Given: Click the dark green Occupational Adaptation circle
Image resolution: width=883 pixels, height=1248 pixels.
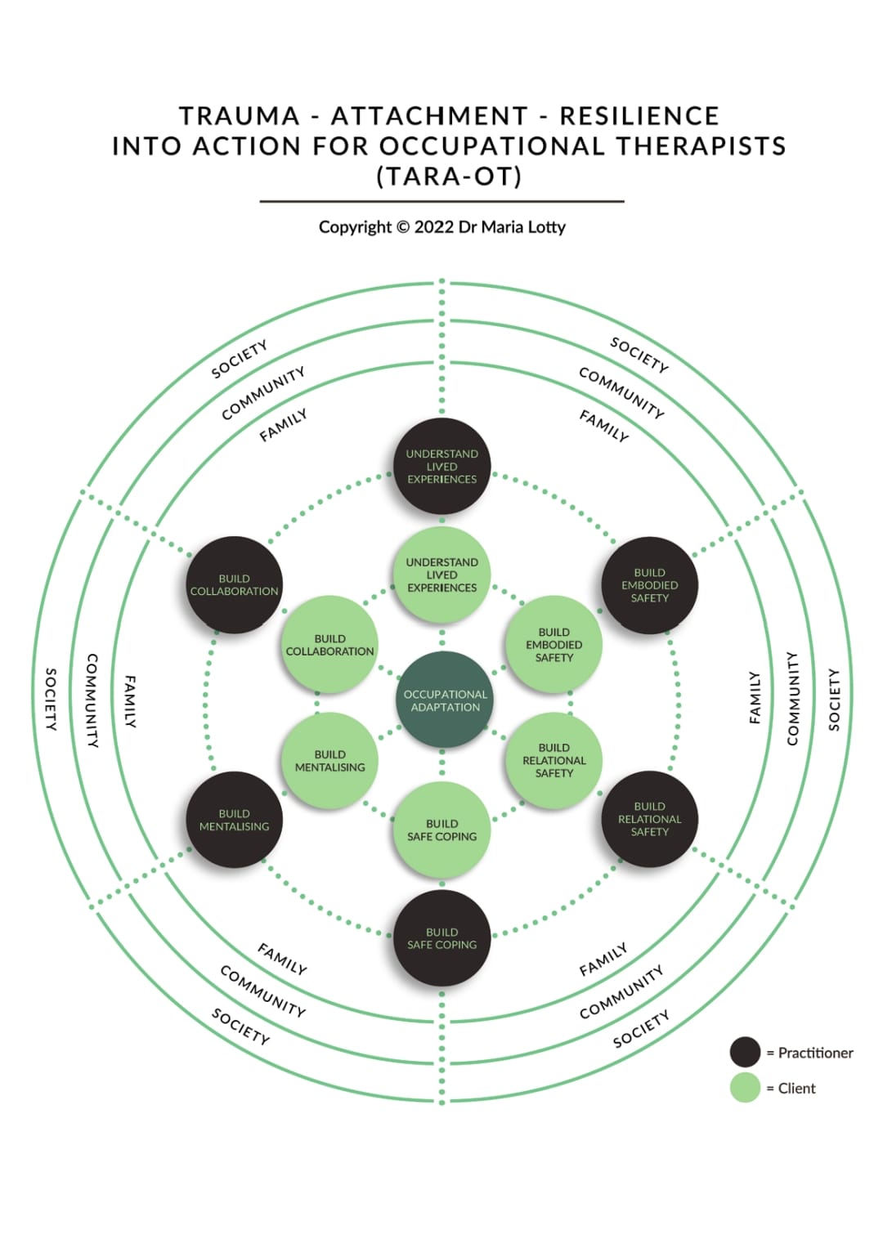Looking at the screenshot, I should (445, 700).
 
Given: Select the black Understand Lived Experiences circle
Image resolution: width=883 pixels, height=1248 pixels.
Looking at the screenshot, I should (441, 467).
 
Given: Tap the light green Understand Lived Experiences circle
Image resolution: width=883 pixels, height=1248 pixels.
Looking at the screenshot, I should (441, 575).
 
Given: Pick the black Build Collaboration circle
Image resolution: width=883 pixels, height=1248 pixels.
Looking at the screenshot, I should (235, 584).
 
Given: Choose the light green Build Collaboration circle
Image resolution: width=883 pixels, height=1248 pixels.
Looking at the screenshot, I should (329, 645).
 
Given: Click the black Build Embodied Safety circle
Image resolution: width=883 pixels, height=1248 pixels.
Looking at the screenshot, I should (650, 585).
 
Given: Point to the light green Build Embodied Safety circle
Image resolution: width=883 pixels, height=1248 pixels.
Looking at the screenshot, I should (554, 645).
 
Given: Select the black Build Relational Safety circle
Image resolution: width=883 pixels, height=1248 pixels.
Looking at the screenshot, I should (650, 819).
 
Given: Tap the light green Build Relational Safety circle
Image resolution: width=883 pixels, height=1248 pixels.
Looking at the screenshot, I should (554, 760).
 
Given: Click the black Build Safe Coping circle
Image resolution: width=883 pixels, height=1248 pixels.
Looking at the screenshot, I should (441, 938).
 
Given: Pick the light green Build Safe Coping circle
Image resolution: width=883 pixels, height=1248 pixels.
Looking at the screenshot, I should (441, 830).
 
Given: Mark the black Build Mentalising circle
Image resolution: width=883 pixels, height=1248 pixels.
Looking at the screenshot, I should (235, 820).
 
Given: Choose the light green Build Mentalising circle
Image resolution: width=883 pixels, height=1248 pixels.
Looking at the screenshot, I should (329, 761).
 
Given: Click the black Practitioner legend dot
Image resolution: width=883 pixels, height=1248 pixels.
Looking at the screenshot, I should (745, 1053).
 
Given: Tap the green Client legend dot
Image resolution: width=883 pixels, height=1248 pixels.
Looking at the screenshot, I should (745, 1088).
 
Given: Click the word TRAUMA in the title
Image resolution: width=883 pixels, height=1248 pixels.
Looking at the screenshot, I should (240, 116).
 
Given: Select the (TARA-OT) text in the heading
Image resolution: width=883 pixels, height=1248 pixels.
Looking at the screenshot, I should (449, 177).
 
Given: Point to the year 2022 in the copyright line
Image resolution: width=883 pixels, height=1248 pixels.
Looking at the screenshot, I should (433, 227).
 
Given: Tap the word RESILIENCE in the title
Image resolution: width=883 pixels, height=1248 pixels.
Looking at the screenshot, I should (639, 116).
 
